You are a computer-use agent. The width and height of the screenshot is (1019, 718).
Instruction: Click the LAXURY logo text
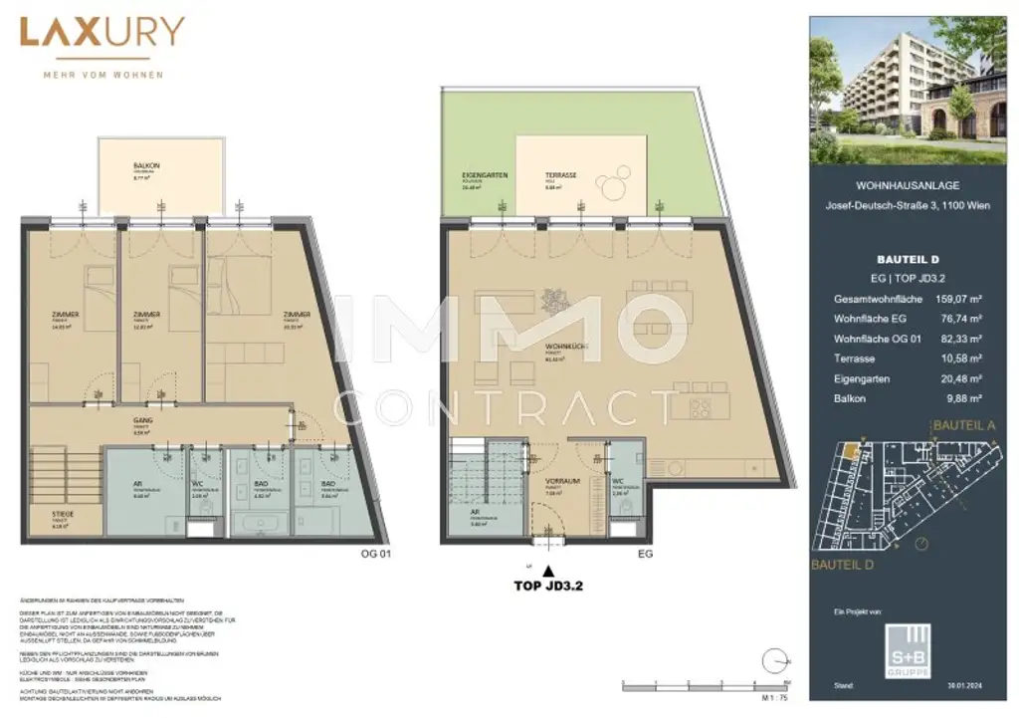point(102,34)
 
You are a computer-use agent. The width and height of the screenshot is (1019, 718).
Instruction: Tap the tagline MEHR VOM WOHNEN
point(102,75)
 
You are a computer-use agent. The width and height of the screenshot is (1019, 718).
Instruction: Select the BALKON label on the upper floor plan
point(147,167)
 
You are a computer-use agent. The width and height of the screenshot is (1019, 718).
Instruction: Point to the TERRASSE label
point(561,175)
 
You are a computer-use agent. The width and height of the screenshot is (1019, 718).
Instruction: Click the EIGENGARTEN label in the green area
point(485,175)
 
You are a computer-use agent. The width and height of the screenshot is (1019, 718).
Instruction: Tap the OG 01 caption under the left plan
point(368,554)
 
